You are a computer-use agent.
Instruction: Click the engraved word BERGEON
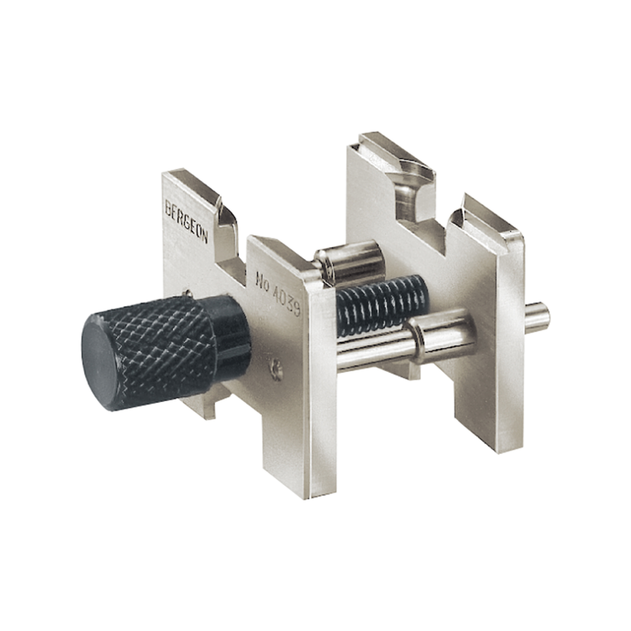pos(187,221)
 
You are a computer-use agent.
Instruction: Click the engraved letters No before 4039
pos(262,281)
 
